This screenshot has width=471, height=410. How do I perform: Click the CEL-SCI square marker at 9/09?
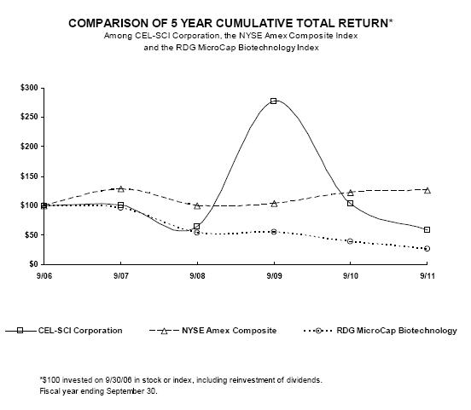click(x=273, y=101)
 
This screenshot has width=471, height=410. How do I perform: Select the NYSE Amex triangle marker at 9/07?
click(x=121, y=188)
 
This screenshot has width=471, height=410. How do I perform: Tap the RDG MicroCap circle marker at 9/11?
click(x=427, y=249)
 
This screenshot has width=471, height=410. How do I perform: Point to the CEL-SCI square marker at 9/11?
click(x=427, y=229)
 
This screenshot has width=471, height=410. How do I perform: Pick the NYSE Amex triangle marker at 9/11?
click(x=427, y=190)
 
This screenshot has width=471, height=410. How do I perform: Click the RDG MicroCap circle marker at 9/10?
click(x=350, y=241)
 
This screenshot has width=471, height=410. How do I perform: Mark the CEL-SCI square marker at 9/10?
click(x=350, y=203)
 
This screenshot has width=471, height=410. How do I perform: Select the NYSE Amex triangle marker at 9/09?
click(x=274, y=204)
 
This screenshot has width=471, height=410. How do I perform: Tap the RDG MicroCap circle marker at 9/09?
click(x=273, y=232)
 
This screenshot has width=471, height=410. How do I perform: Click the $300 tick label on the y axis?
click(x=29, y=88)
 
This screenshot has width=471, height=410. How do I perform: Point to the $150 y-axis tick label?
click(x=29, y=176)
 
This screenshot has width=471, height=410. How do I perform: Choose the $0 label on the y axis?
click(x=33, y=264)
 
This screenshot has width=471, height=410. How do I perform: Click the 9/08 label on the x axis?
click(x=197, y=275)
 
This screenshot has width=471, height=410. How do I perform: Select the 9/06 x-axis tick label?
click(x=44, y=275)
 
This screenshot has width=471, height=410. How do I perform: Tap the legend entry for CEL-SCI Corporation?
click(x=64, y=331)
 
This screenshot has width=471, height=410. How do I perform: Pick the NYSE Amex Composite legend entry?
click(x=213, y=331)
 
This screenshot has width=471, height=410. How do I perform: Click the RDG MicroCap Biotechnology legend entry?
click(x=381, y=331)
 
